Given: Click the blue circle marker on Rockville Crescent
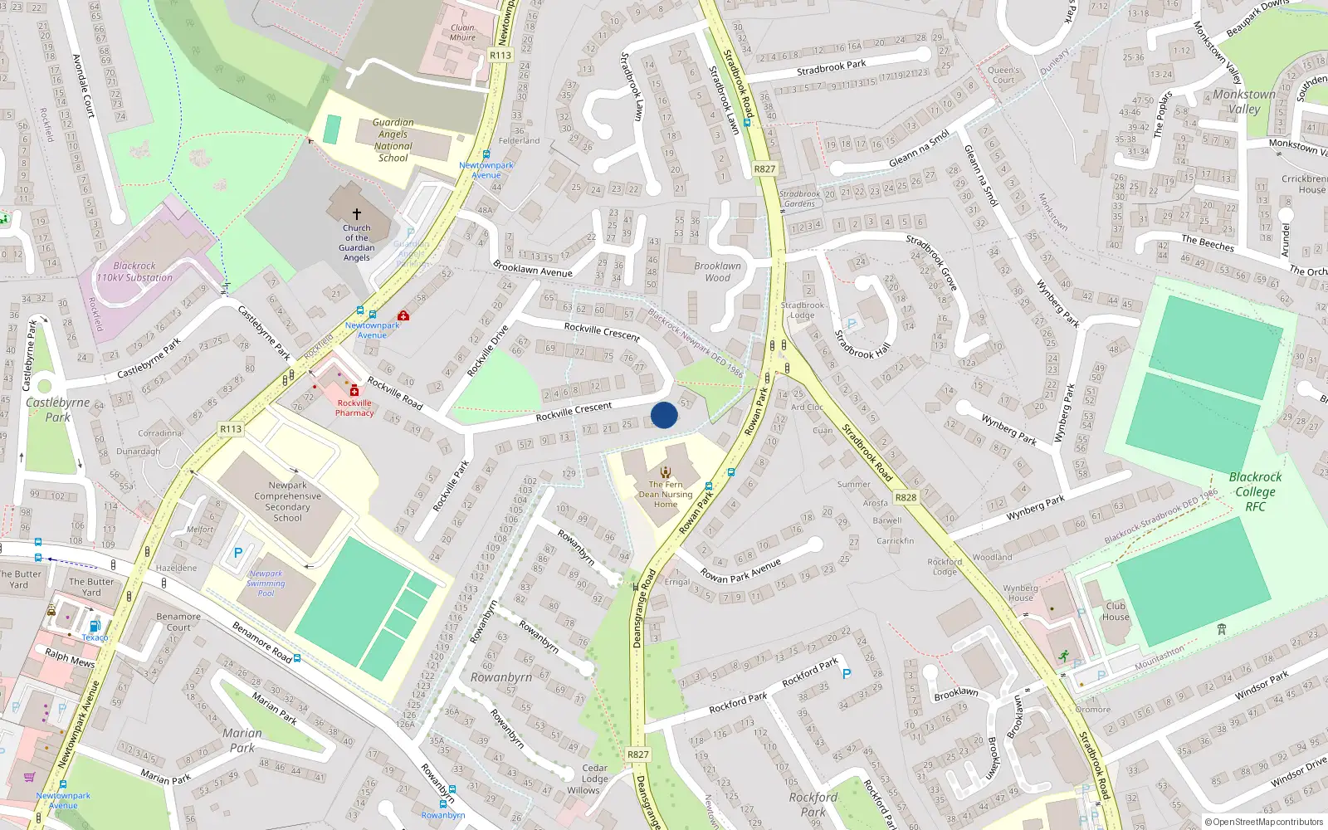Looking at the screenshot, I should pos(664,415).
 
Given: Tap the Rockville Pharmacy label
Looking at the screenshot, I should pos(354,408).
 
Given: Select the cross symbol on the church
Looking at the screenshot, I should pos(357,213).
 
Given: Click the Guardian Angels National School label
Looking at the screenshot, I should pos(393,139).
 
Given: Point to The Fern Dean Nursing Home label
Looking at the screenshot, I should pos(666,494).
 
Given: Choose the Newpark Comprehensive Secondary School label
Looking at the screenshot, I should pos(288,501).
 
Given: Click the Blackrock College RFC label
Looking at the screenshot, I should pos(1255,491).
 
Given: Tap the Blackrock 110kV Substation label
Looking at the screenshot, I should pos(134,272).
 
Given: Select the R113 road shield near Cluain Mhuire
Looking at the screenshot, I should pos(500,56).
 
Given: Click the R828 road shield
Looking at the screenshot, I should pos(906,498).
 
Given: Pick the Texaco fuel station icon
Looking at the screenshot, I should pos(95,626).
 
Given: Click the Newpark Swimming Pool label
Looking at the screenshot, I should pos(266,583).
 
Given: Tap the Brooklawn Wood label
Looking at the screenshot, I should pos(718,271).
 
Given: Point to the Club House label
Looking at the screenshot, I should pos(1116,611).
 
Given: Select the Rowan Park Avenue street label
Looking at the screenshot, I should pos(740,571).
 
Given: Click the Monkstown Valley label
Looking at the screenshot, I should pos(1243,101).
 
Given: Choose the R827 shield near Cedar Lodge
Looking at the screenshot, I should pos(637,754).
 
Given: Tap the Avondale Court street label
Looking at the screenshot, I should pos(84,85).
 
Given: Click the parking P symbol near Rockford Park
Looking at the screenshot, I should pos(847,674).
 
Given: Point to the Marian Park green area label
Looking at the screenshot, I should pos(242,740).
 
